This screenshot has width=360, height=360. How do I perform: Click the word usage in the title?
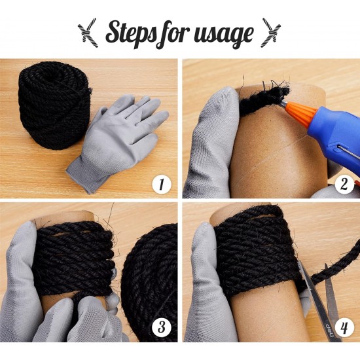pos(224,35)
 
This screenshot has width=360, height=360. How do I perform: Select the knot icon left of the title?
pos(88,33)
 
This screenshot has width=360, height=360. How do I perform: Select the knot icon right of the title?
pos(272,33)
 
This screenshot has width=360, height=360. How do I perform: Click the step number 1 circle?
pos(162,185)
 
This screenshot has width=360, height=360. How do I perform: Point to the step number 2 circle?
pos(344,185)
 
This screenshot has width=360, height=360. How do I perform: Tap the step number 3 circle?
pos(162,327)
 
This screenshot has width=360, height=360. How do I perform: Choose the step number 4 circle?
pos(344,327)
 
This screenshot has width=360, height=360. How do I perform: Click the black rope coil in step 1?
pos(54,105)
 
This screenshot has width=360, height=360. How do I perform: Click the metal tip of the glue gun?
pos(283,105)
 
